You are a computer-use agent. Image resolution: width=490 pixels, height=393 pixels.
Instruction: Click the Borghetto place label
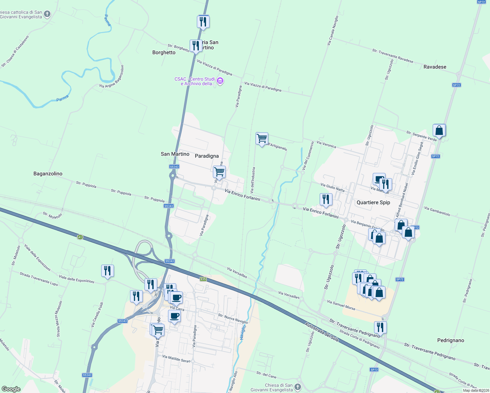pos(164,52)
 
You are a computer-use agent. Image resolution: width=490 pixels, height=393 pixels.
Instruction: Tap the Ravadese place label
pos(435,67)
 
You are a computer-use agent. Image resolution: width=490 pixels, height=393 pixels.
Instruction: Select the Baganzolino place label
pos(48,174)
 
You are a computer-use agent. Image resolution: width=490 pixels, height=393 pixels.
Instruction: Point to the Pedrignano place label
pos(450,340)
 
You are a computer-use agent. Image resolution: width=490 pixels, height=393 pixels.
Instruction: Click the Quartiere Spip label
pos(373,202)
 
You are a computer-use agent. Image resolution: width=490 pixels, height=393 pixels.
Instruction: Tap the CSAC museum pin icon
pos(220,81)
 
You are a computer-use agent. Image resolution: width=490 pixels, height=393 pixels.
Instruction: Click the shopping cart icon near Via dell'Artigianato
pos(262,139)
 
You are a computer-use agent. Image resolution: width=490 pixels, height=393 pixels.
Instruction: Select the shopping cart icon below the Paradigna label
pos(219,172)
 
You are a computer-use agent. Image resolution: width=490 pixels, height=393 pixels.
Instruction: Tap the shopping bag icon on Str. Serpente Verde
pos(439,130)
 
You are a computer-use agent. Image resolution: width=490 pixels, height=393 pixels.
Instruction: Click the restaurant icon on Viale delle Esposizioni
pos(107,271)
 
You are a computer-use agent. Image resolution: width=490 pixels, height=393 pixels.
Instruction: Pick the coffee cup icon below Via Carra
pos(174,316)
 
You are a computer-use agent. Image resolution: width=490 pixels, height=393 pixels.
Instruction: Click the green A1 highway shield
pos(80,237)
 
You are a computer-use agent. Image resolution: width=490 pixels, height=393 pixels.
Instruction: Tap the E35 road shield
pos(203,279)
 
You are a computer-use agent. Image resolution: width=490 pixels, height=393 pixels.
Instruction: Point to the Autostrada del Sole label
pos(322,332)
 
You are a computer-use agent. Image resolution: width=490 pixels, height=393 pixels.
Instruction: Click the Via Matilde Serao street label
pos(176,359)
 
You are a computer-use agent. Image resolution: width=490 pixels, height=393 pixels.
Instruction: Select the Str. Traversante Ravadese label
pos(392,56)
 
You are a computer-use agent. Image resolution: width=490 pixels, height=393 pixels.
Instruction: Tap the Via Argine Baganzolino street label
pos(112,77)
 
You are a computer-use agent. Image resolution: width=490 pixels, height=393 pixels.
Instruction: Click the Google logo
pos(11,389)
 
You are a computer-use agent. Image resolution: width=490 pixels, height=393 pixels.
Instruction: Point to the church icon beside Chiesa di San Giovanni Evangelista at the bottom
pos(298,387)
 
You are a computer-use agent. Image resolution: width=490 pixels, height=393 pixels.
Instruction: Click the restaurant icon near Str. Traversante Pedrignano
pos(380,327)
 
